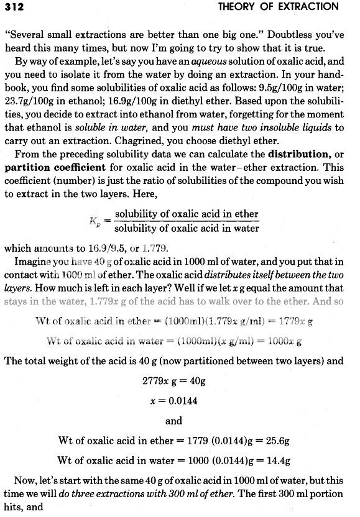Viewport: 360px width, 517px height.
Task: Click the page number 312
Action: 14,6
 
